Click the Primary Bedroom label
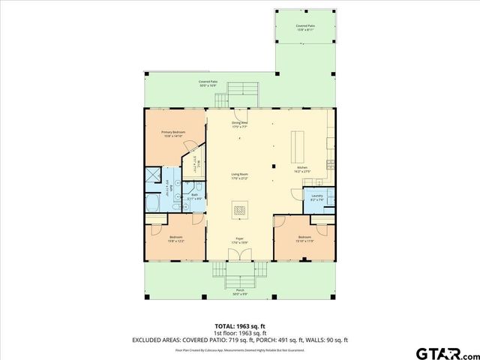coord(173,133)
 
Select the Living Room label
coord(240,177)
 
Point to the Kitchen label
coord(302,169)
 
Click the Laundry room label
coord(316,198)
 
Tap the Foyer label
coord(240,241)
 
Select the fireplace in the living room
coord(240,211)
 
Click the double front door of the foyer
coord(240,257)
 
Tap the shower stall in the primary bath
coord(152,176)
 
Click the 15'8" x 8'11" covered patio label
coord(304,28)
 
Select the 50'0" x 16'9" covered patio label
coord(208,83)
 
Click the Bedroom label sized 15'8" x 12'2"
coord(176,239)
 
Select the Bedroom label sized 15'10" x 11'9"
coord(304,239)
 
